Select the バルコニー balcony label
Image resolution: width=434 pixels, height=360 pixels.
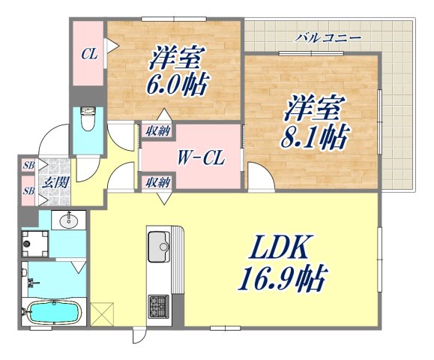[328, 36]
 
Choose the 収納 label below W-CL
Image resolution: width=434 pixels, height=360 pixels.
[157, 181]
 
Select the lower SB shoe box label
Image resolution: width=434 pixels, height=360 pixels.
[28, 190]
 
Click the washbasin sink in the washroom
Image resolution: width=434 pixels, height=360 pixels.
[70, 220]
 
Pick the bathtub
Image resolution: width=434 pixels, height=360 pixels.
[49, 311]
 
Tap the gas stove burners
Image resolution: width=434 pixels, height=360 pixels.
[159, 306]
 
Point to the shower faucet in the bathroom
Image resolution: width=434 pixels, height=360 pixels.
[31, 283]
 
